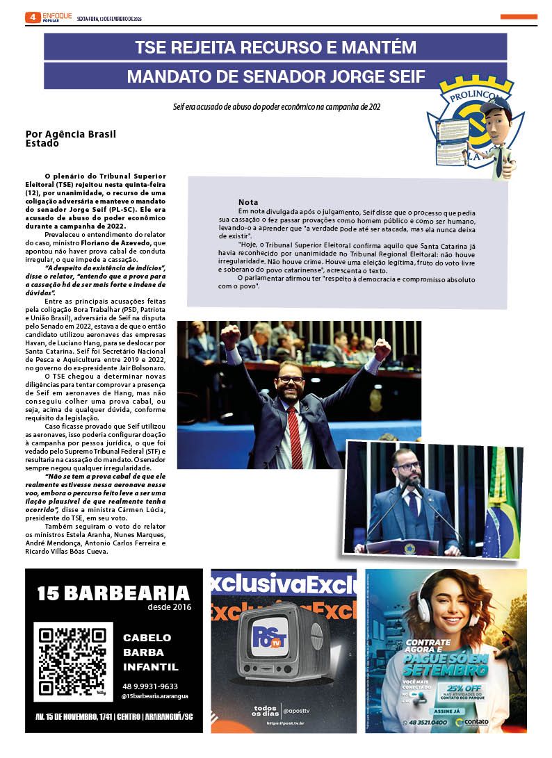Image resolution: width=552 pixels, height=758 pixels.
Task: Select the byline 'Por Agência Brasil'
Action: point(70,133)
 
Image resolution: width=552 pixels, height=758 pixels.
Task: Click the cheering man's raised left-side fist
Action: point(229,337)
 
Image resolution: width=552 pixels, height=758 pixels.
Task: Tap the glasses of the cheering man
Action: point(289,380)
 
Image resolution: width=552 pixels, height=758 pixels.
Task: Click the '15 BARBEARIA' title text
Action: point(113,593)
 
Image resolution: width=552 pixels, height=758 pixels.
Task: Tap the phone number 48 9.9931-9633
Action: point(149,686)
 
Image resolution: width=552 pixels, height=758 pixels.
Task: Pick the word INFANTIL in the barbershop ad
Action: point(150,667)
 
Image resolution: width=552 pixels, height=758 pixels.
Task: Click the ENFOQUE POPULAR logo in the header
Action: point(56,17)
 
